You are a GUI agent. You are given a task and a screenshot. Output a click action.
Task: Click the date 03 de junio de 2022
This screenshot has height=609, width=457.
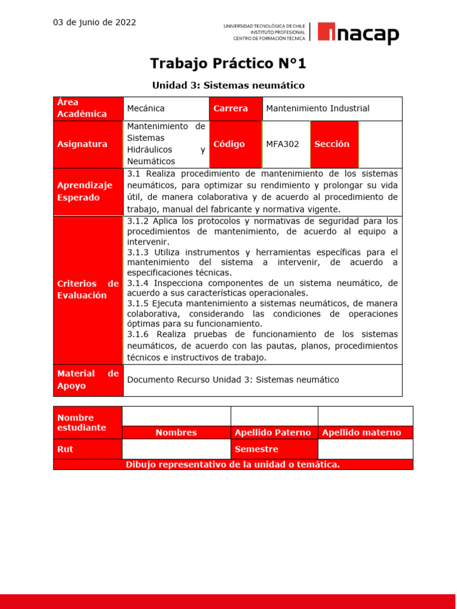(x=95, y=23)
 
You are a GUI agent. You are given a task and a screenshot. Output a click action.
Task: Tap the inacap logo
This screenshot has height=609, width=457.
(x=358, y=33)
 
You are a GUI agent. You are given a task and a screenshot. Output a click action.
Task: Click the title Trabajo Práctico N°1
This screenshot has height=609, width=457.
(x=228, y=63)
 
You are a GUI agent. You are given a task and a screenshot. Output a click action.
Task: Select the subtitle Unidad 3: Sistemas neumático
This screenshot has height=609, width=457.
(x=228, y=86)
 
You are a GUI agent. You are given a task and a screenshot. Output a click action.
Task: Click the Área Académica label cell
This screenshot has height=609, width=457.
(x=88, y=108)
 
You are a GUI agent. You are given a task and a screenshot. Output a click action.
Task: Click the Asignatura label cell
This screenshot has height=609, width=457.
(x=88, y=144)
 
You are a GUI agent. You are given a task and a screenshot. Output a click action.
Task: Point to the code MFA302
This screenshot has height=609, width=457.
(x=283, y=144)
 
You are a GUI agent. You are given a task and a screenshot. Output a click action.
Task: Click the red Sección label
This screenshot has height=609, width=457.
(x=333, y=144)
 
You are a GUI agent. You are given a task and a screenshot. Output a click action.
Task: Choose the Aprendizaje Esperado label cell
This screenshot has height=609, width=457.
(x=88, y=192)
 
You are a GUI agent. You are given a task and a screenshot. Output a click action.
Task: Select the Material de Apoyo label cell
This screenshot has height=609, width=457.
(x=88, y=379)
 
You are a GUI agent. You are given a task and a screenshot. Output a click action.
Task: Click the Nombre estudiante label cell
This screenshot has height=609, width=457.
(x=87, y=422)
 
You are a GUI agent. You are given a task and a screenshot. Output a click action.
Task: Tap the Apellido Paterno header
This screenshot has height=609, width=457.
(x=274, y=433)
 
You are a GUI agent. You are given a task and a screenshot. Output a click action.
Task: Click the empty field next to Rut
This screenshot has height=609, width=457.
(x=176, y=449)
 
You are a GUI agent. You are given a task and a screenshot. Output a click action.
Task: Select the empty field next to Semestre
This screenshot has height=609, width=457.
(x=365, y=449)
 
